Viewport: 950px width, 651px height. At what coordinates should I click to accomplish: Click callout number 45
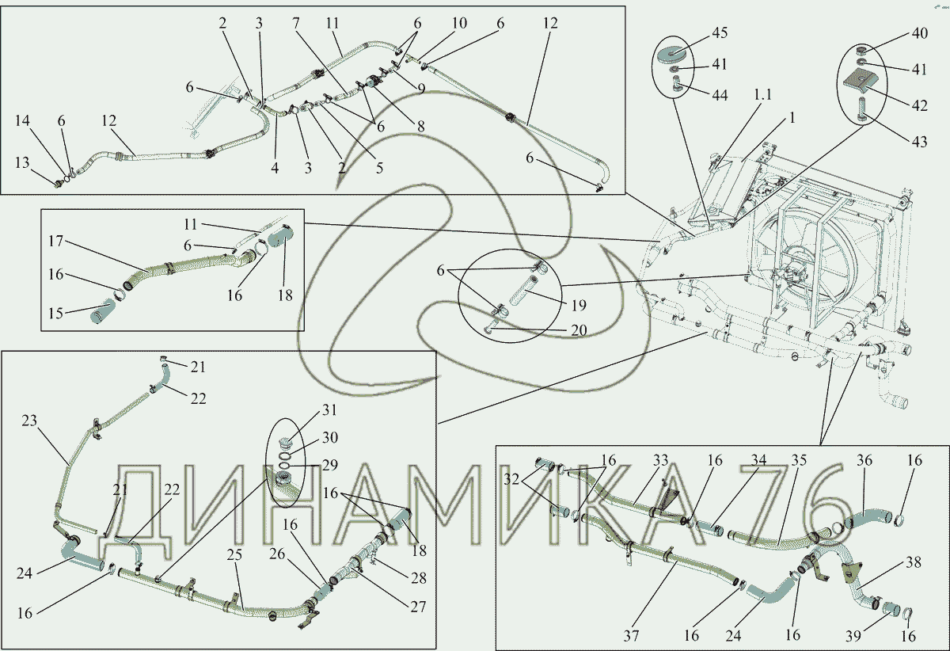coord(720,32)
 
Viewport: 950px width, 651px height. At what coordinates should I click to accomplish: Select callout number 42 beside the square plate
coord(919,105)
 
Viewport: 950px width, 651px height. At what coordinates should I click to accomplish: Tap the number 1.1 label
coord(762,94)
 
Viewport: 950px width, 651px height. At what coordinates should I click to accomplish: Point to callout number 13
coord(22,162)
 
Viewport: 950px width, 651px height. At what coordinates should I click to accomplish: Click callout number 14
coord(22,120)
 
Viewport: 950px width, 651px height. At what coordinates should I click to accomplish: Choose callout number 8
coord(420,126)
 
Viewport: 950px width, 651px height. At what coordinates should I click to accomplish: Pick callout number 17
coord(55,241)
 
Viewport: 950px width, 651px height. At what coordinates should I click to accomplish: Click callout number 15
coord(55,313)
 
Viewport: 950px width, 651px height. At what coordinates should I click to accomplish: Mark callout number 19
coord(579,305)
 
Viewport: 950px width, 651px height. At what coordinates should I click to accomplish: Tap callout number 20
coord(579,330)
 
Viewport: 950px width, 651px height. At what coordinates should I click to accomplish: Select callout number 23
coord(29,421)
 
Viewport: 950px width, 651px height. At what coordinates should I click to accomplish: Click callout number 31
coord(329,409)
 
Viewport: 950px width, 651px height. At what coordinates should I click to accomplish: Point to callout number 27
coord(418,607)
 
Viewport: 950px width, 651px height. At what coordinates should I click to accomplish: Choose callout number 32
coord(511,479)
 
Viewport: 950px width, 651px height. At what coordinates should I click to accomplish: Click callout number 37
coord(631,636)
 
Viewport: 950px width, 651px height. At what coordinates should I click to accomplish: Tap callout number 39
coord(853,636)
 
